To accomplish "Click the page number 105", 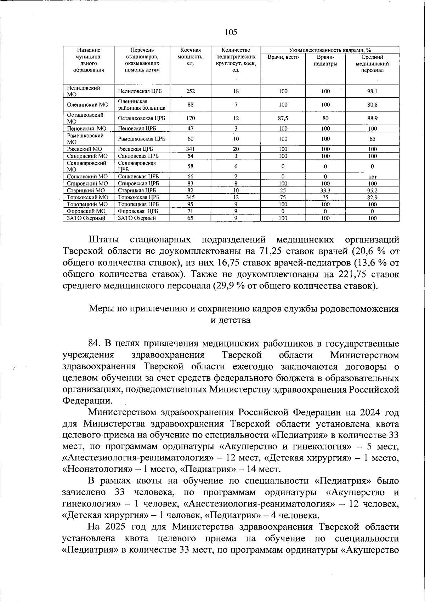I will pos(231,33).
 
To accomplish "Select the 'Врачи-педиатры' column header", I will pos(325,60).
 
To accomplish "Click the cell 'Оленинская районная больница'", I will pos(142,104).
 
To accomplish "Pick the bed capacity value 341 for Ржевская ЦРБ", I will pos(190,149).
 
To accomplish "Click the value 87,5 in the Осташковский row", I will pos(283,118).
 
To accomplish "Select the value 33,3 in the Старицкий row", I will pos(325,190).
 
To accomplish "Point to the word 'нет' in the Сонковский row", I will pos(372,177).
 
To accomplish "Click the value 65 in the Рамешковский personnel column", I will pos(372,139).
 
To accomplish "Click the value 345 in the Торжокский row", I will pos(190,197).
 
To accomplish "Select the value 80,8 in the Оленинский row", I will pos(372,105).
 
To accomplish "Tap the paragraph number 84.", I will pos(95,344).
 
